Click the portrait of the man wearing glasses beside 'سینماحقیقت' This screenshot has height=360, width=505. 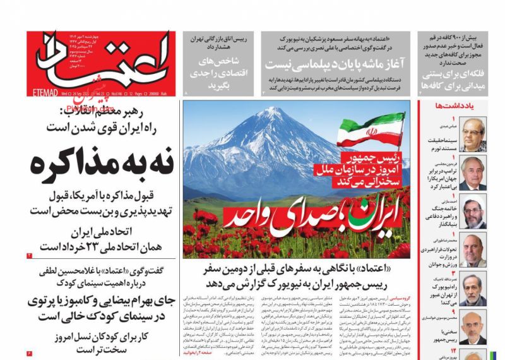[x=473, y=133]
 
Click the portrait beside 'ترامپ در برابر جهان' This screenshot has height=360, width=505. [x=473, y=172]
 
